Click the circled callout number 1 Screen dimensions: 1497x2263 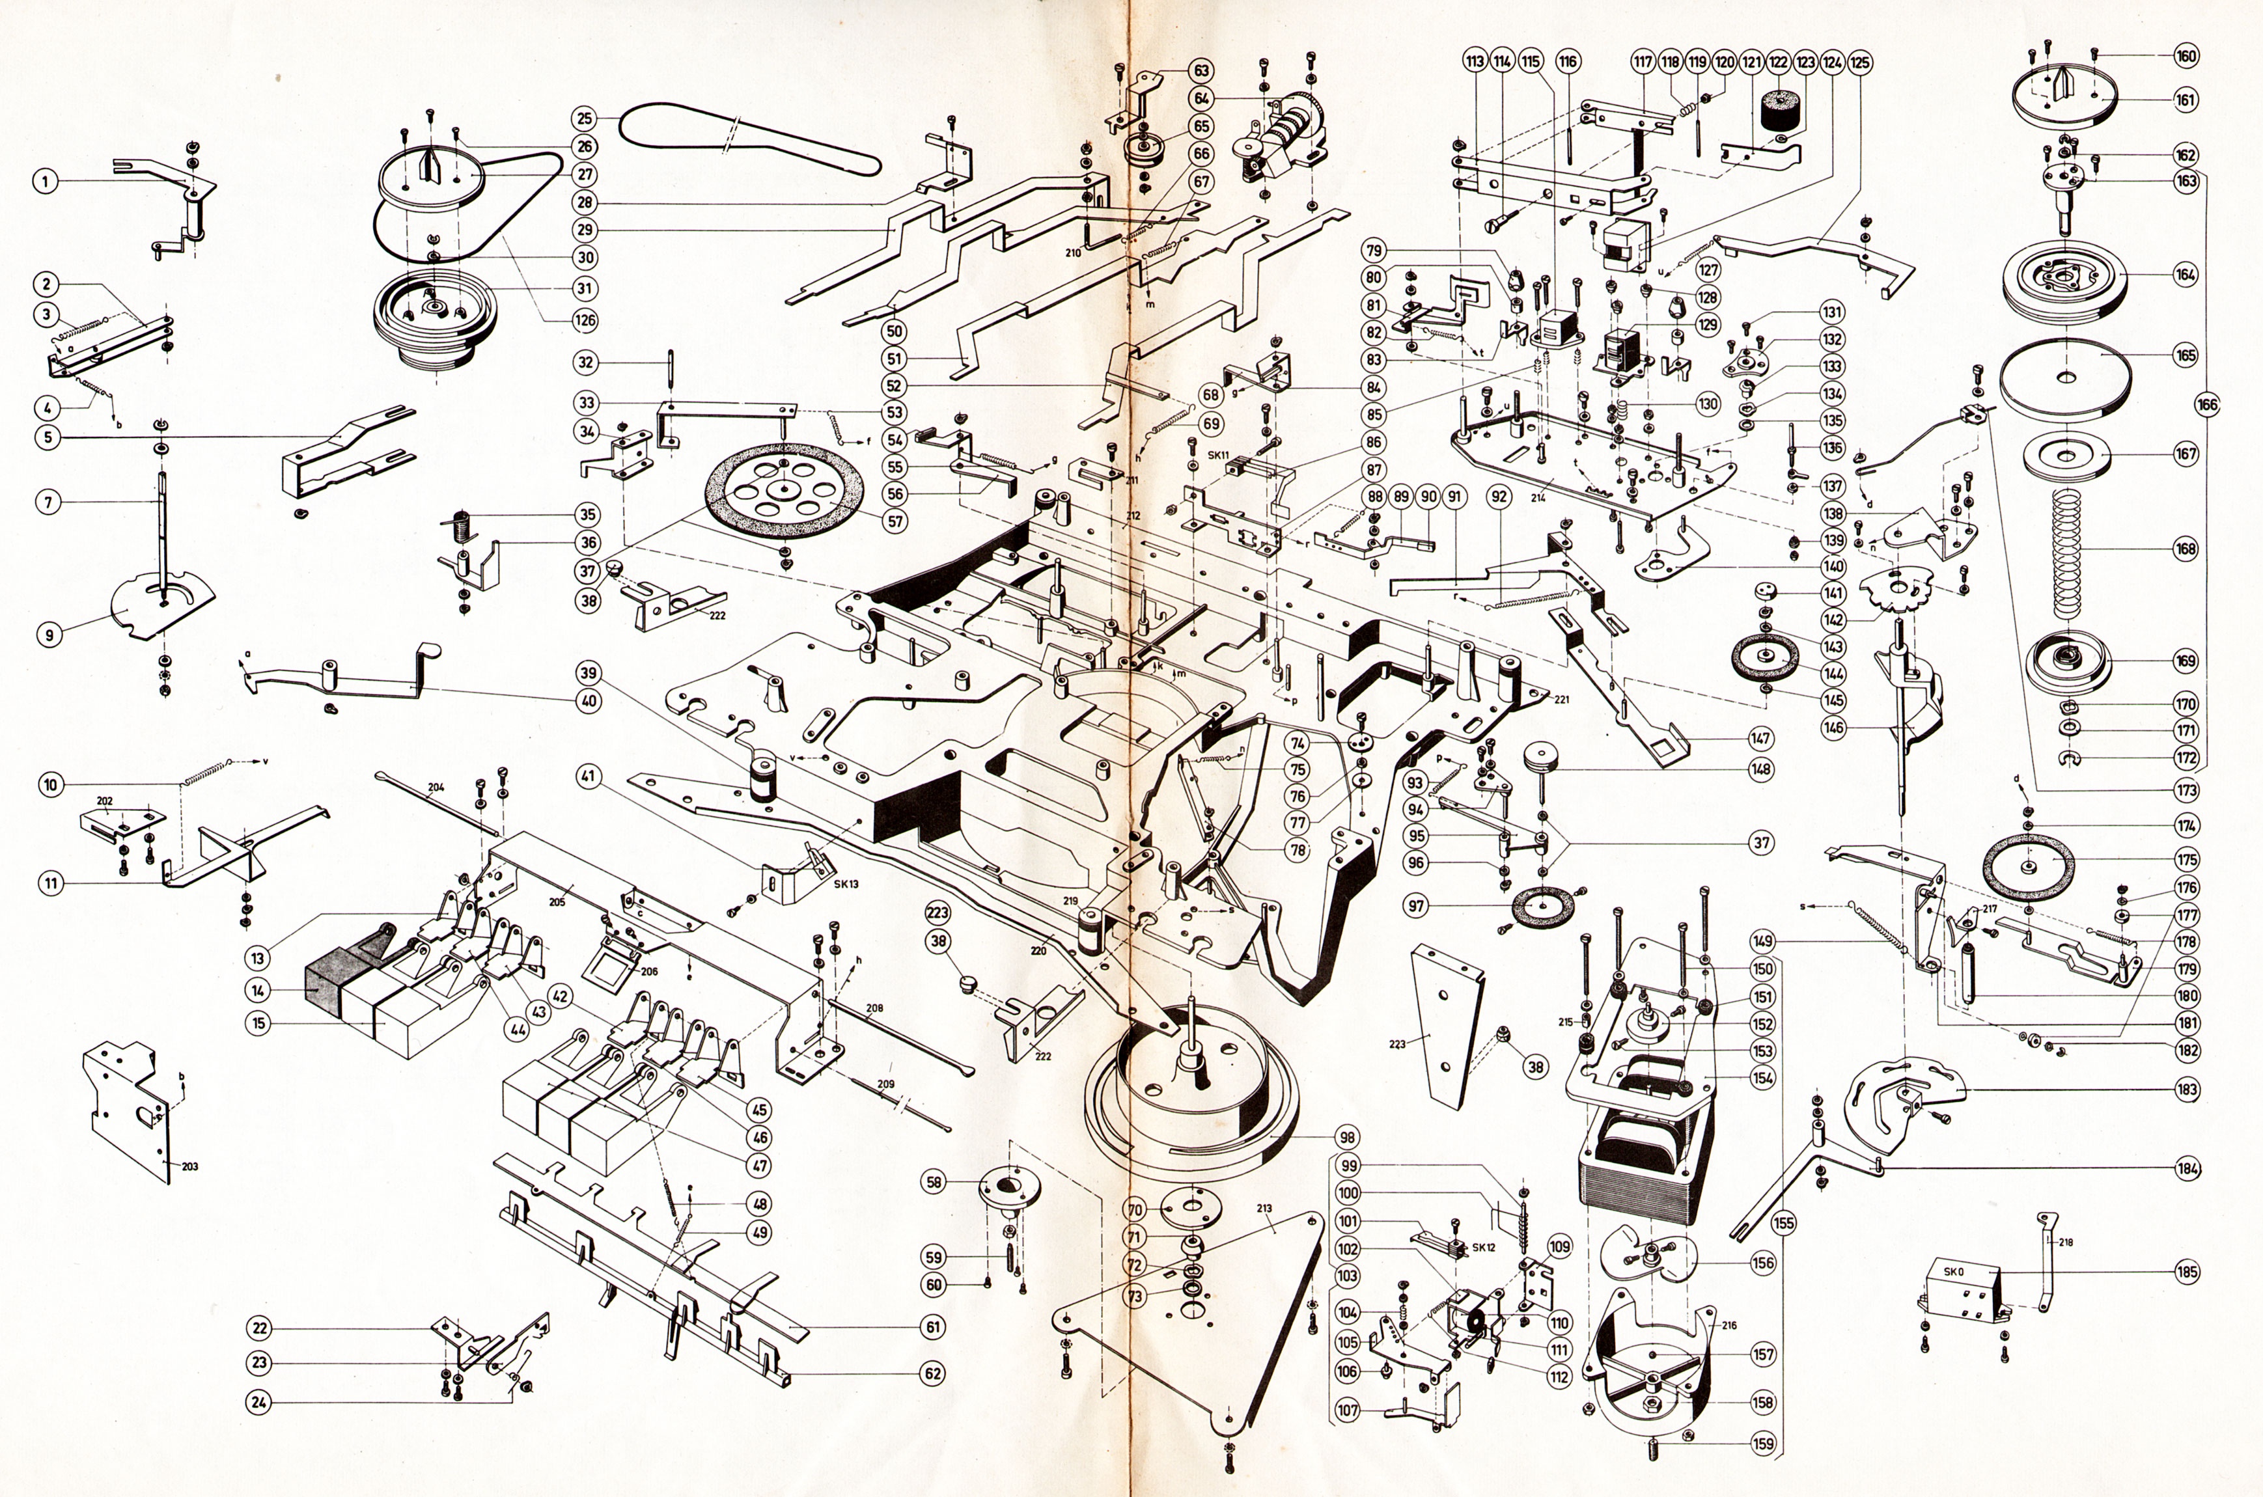click(x=45, y=182)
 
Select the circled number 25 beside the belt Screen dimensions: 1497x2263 click(x=585, y=119)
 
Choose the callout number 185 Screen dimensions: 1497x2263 click(x=2187, y=1272)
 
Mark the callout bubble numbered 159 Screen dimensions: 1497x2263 click(x=1764, y=1444)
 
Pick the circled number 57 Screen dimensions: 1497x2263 click(x=895, y=522)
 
